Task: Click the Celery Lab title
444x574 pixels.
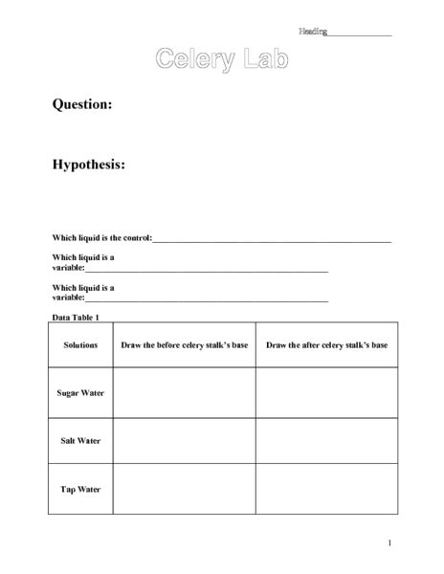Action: [221, 60]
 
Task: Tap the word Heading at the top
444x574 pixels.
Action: [312, 32]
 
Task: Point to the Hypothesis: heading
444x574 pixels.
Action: [89, 165]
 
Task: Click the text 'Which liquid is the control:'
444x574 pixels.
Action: [101, 237]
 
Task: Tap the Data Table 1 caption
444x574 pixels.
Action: [76, 318]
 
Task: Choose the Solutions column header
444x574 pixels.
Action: [80, 344]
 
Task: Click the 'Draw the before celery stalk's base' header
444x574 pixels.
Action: [184, 344]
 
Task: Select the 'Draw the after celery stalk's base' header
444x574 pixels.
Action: [326, 344]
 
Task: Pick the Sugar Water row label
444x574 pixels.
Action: [80, 392]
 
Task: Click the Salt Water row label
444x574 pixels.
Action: [80, 441]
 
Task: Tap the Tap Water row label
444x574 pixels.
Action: [80, 489]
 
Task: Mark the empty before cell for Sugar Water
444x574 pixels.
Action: [184, 392]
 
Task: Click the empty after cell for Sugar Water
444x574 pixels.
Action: [326, 392]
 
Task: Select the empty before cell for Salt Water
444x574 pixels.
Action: [184, 441]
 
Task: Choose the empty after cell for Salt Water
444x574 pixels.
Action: [326, 441]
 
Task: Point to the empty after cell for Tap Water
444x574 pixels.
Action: [326, 489]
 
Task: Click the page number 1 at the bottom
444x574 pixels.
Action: [389, 543]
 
